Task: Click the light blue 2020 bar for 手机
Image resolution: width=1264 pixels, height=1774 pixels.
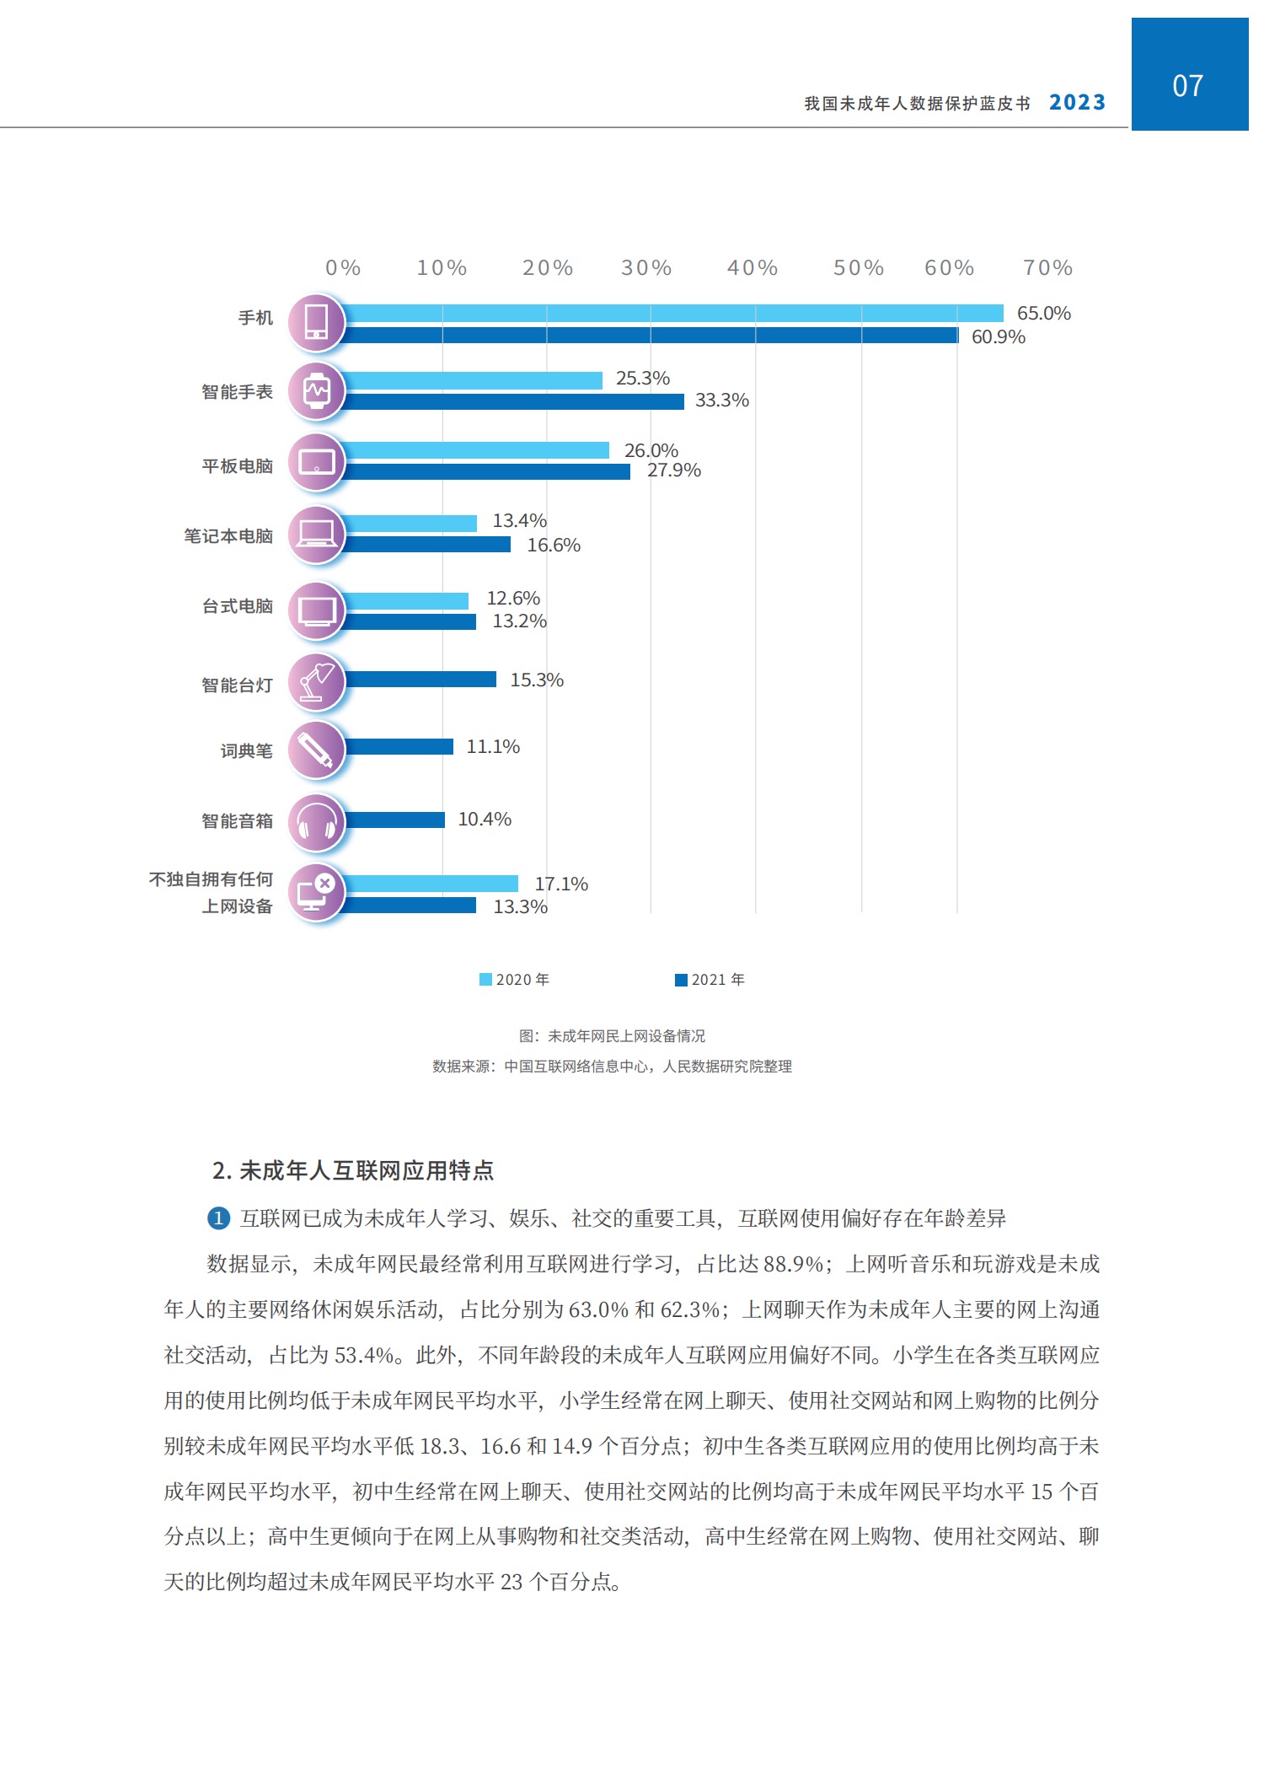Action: [674, 314]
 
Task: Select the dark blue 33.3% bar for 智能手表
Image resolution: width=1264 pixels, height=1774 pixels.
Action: [514, 401]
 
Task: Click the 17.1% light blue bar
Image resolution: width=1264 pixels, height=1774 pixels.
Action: [431, 884]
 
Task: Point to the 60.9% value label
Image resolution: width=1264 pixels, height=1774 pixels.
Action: [998, 337]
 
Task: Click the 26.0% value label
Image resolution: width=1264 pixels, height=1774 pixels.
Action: [651, 450]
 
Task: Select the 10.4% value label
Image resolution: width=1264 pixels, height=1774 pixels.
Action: [485, 820]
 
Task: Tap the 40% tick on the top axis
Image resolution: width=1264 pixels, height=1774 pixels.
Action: [753, 268]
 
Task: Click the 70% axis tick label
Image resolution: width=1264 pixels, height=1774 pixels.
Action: [1047, 268]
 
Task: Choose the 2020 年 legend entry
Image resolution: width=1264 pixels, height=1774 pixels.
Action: [515, 980]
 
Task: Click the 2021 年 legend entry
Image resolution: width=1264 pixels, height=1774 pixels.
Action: [710, 980]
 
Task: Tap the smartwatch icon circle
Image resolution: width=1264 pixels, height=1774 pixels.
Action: [317, 391]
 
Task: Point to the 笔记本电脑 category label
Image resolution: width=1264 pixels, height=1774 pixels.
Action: [228, 536]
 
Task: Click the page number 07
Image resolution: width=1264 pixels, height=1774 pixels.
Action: [1188, 86]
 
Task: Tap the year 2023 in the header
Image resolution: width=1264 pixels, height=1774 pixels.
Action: [1077, 103]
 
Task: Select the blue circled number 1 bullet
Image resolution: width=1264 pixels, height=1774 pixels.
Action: [218, 1218]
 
